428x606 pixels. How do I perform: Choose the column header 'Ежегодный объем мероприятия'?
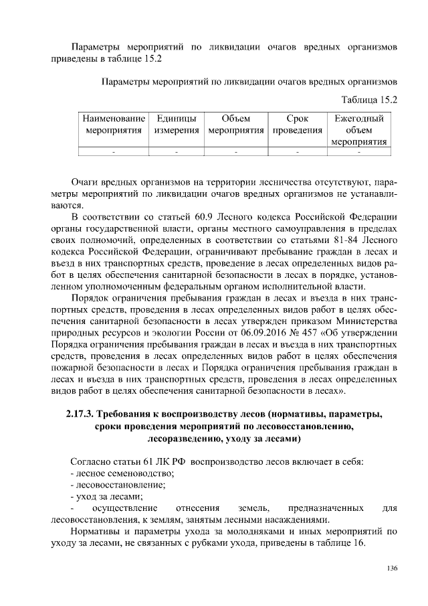point(359,130)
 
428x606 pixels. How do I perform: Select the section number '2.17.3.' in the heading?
point(85,413)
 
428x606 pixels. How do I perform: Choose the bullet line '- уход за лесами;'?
point(106,496)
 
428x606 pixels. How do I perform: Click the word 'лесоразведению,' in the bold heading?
point(182,439)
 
